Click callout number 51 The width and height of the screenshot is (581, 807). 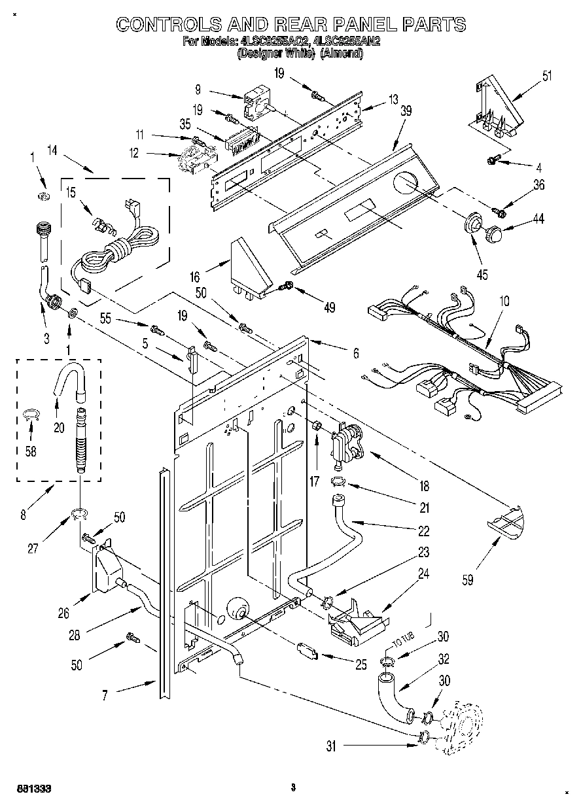pyautogui.click(x=546, y=75)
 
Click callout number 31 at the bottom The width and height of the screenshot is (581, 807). pyautogui.click(x=331, y=746)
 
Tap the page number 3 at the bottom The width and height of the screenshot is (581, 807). pyautogui.click(x=293, y=787)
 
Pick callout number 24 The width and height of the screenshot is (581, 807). pyautogui.click(x=424, y=574)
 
